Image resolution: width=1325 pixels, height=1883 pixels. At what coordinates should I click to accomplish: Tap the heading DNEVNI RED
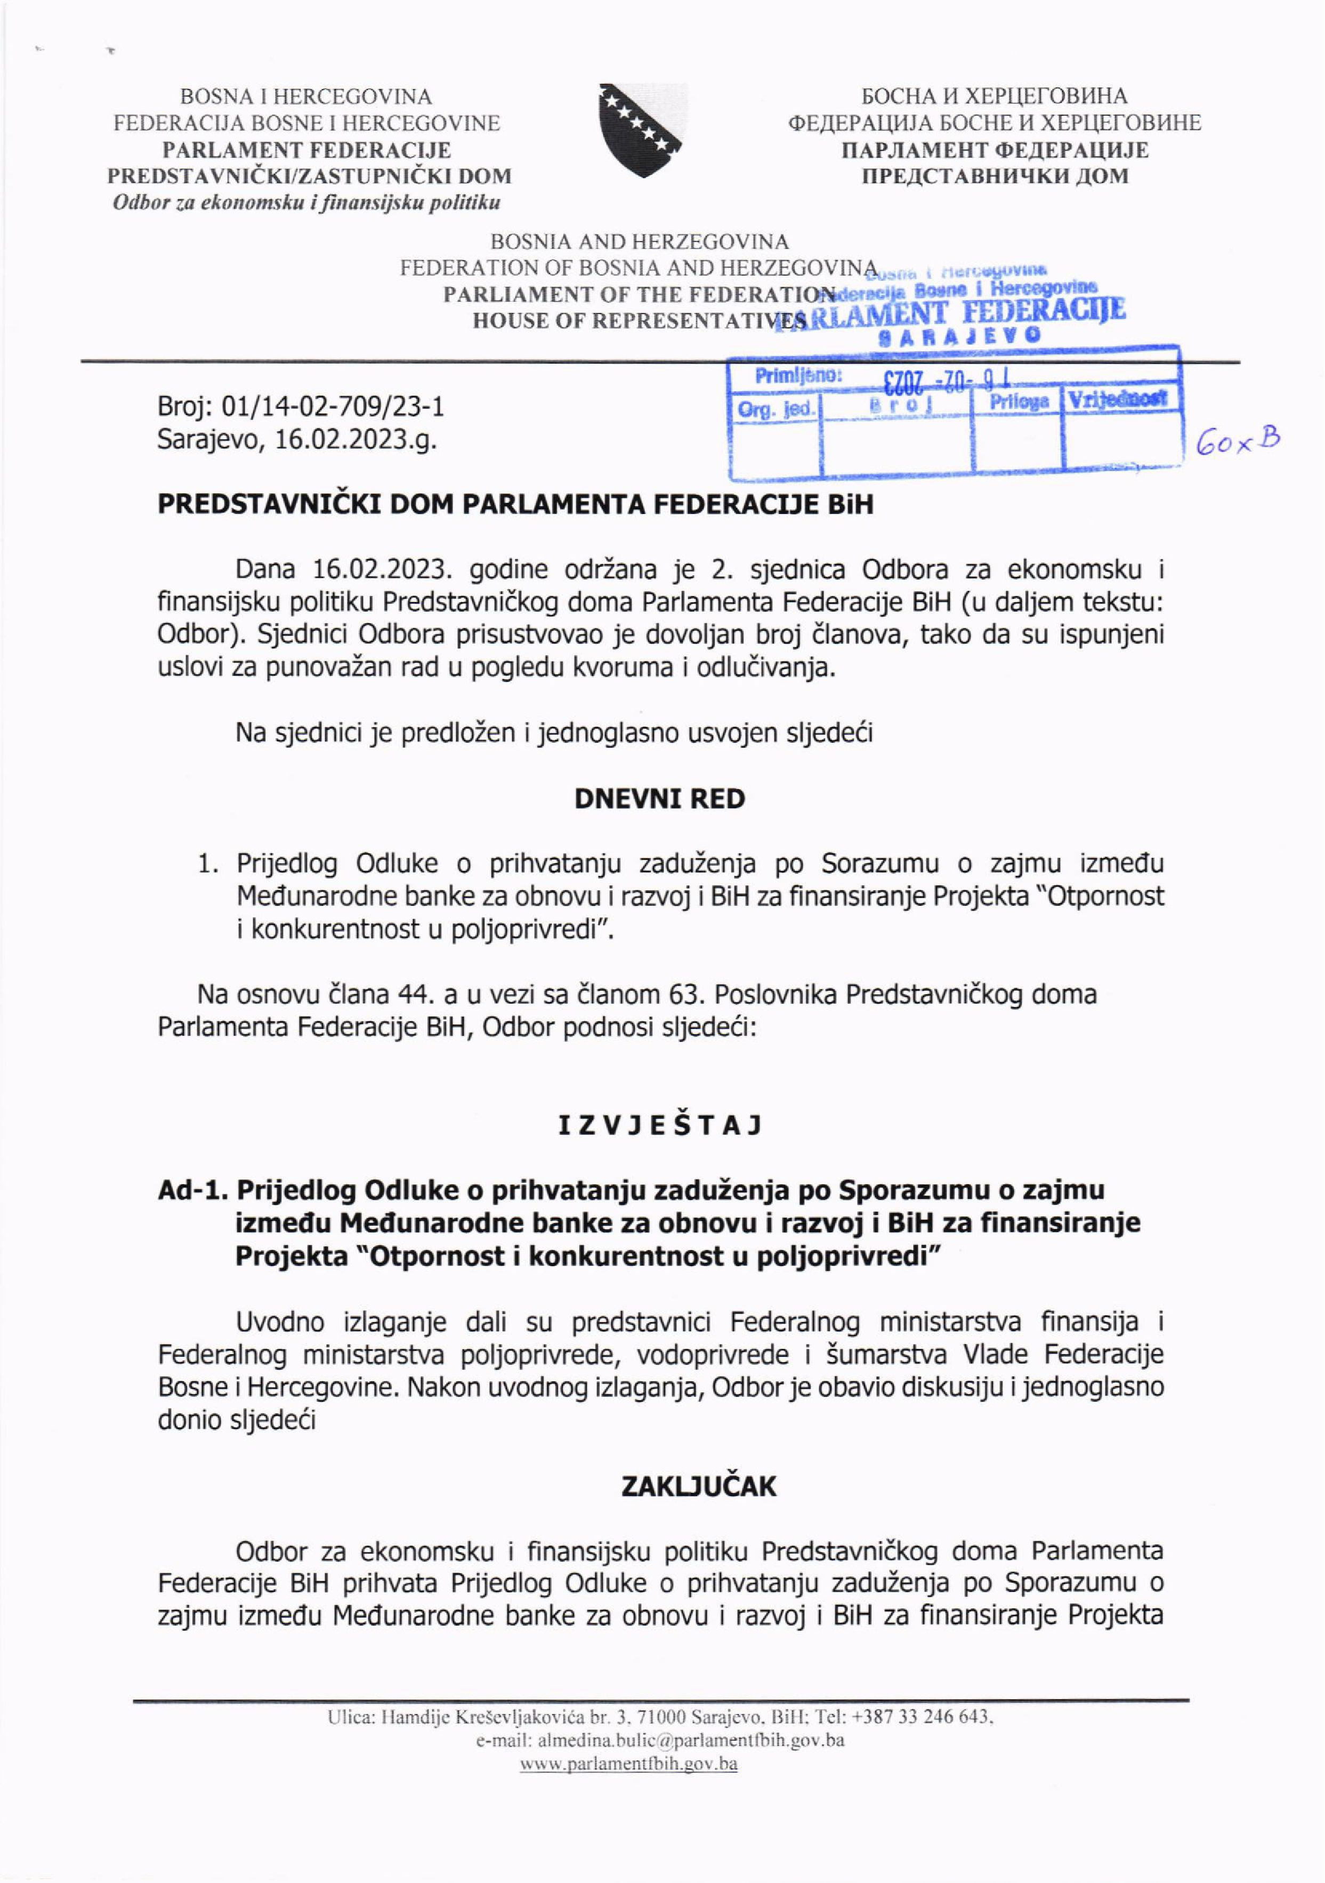(659, 799)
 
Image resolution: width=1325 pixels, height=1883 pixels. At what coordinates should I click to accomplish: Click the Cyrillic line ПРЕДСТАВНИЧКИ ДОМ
(993, 175)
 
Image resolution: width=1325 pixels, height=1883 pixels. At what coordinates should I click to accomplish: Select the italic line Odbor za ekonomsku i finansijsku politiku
(306, 202)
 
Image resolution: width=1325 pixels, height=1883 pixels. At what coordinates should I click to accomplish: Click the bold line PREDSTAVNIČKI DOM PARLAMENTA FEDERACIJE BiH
(515, 504)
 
